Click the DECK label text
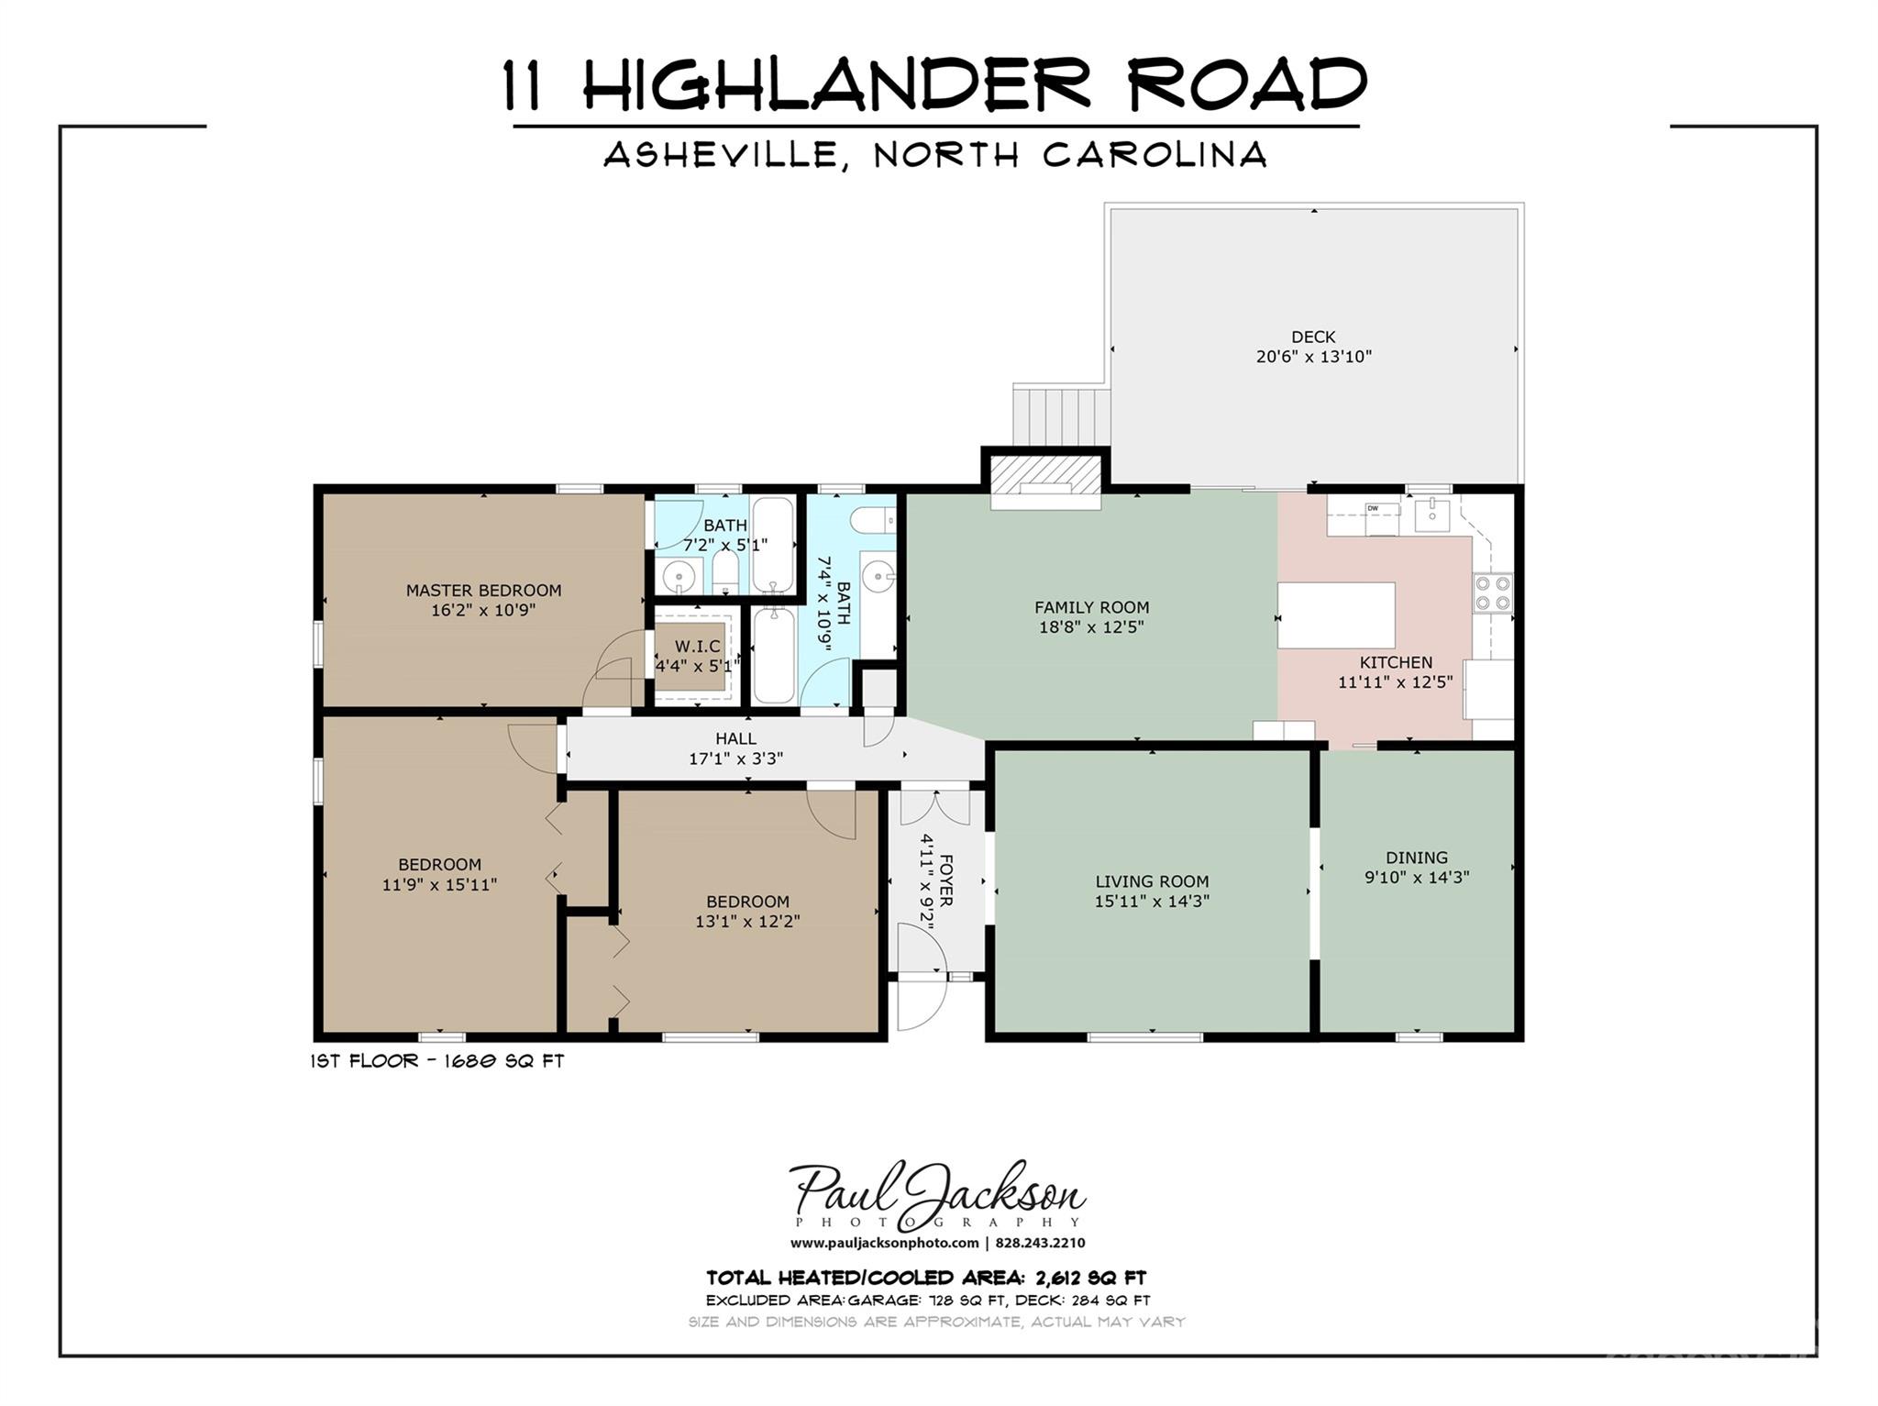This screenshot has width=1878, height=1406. [x=1313, y=337]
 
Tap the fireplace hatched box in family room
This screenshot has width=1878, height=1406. [x=1044, y=471]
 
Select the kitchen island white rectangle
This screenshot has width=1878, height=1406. [x=1336, y=615]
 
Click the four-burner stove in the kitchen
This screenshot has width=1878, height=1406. [x=1492, y=593]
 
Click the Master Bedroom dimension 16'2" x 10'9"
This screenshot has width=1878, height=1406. [x=483, y=610]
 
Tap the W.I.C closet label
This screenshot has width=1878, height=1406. [x=698, y=647]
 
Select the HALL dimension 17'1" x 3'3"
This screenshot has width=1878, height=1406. [x=735, y=759]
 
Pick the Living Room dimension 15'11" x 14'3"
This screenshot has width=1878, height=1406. [x=1152, y=902]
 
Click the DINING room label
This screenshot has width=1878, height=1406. [x=1417, y=858]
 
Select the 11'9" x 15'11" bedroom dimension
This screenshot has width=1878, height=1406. [x=439, y=885]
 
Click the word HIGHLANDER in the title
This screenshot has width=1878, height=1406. [x=835, y=83]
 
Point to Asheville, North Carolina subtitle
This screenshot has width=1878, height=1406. [x=935, y=154]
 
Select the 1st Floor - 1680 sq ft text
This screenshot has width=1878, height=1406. [x=437, y=1061]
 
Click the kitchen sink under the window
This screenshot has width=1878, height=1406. [x=1431, y=516]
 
